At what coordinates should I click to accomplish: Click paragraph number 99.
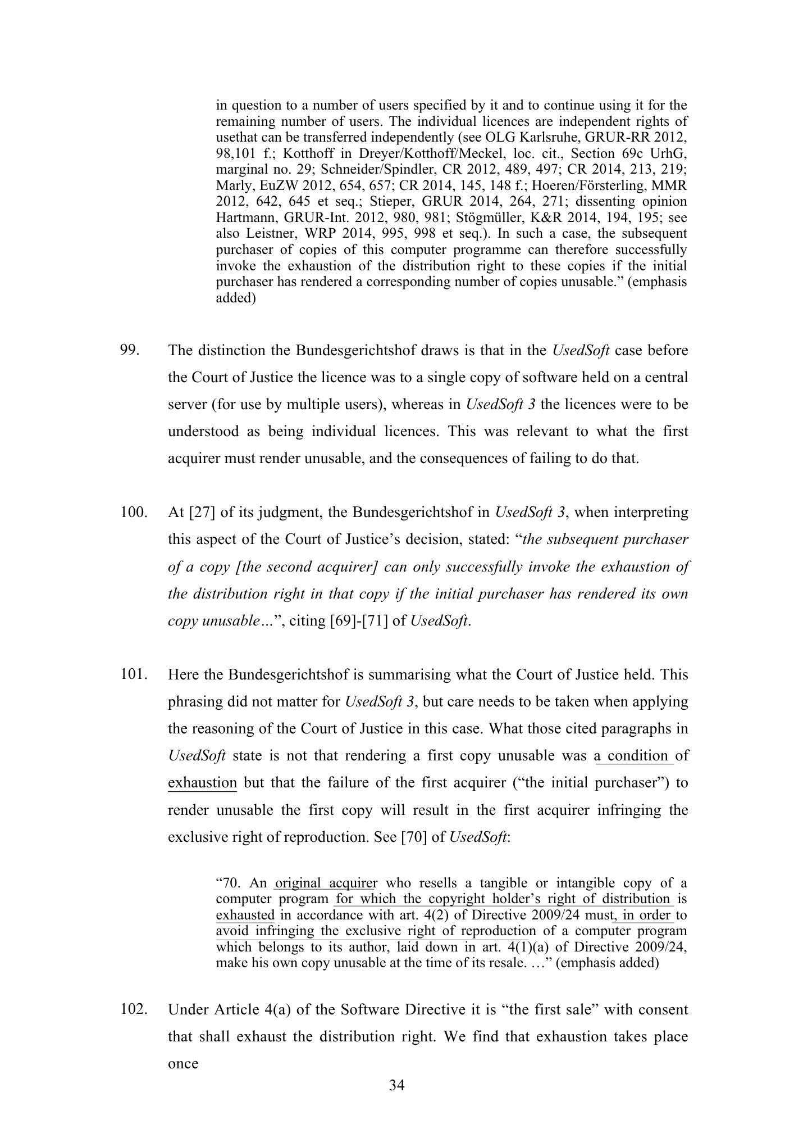pyautogui.click(x=129, y=351)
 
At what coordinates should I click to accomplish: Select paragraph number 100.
pyautogui.click(x=133, y=513)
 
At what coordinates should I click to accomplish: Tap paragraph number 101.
pyautogui.click(x=133, y=674)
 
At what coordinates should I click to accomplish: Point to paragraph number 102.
pyautogui.click(x=133, y=1009)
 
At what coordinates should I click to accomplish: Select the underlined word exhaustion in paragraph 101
pyautogui.click(x=202, y=783)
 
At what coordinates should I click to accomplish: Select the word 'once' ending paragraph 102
pyautogui.click(x=183, y=1064)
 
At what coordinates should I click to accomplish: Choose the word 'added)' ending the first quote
pyautogui.click(x=236, y=298)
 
